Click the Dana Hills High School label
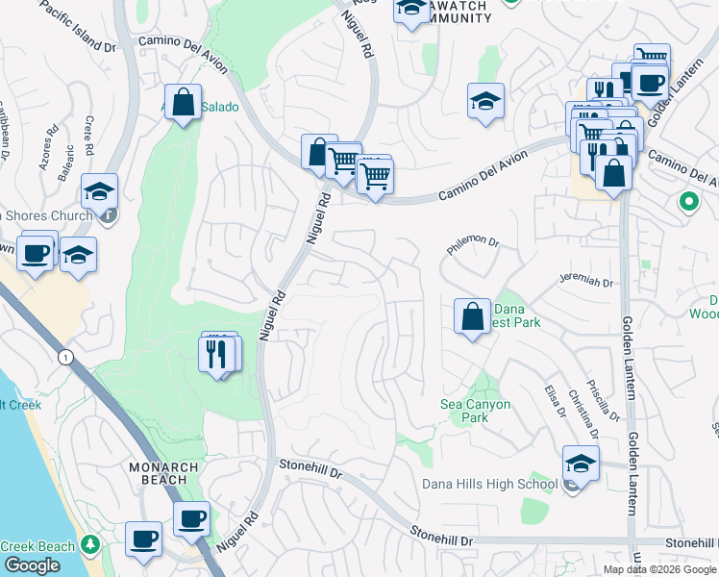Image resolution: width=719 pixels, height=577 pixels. click(489, 484)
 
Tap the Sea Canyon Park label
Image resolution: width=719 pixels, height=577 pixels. click(475, 411)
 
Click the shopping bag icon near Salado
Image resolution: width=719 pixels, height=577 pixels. click(183, 102)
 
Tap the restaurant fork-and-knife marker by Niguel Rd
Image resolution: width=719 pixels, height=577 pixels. click(218, 354)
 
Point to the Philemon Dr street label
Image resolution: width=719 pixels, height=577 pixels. click(474, 247)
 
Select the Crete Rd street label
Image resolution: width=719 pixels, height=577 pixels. click(88, 136)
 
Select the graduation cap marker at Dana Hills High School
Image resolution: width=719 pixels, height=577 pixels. click(580, 464)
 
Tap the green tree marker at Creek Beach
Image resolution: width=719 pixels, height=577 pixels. click(90, 546)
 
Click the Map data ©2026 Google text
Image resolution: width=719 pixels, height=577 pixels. click(659, 569)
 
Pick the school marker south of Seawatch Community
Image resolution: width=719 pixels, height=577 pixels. click(486, 101)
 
